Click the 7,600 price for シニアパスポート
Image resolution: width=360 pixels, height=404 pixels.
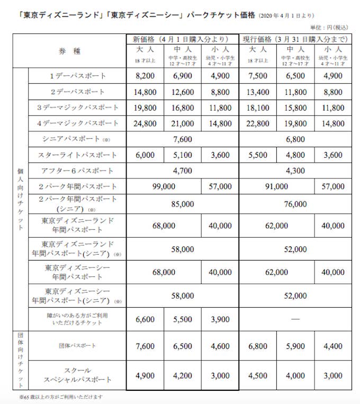[183, 139]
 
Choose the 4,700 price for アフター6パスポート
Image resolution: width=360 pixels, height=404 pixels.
[183, 171]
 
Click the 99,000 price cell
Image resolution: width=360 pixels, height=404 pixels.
[164, 187]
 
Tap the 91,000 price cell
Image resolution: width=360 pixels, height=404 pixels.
[277, 187]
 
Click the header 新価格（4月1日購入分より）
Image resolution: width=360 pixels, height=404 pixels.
[182, 39]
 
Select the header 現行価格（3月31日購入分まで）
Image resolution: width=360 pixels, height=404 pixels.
[295, 39]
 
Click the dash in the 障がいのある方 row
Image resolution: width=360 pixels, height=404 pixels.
[295, 320]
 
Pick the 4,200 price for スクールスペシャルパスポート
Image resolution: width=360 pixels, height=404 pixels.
[183, 376]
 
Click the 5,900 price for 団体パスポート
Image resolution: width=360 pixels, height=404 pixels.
[295, 346]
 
